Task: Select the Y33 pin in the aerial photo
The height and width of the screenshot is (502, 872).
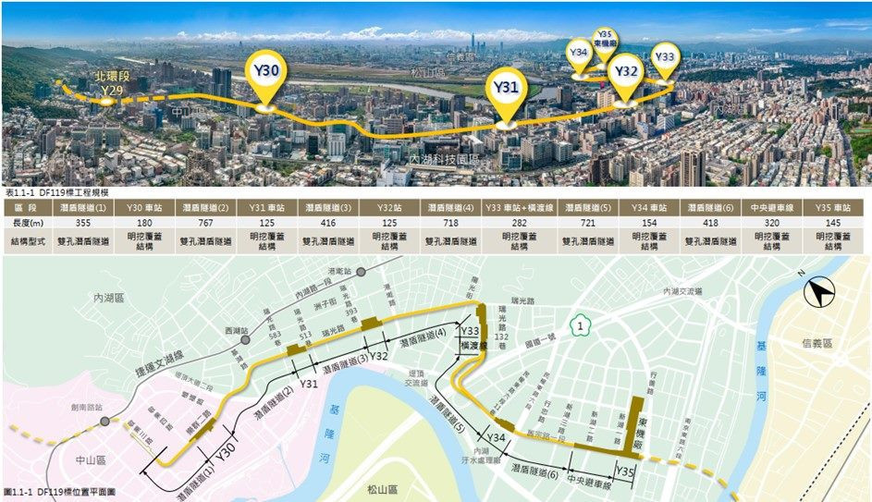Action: [x=664, y=58]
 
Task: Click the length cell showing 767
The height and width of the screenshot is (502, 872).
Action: [x=205, y=224]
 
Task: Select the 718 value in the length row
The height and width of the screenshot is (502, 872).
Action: [x=449, y=224]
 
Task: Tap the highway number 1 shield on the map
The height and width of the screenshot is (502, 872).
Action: [x=579, y=325]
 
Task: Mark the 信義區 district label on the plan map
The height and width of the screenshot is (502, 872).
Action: [x=818, y=343]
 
